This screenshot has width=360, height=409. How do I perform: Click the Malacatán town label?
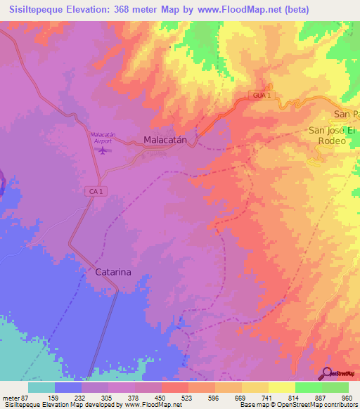point(165,140)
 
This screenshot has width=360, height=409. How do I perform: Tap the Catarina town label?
point(113,271)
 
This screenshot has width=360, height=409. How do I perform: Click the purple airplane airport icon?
point(105,150)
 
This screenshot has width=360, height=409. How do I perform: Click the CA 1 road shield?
point(96,191)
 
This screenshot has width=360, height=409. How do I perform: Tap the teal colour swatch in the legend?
point(41,387)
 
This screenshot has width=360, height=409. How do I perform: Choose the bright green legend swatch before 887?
point(308,387)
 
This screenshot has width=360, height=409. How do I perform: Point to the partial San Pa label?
point(346,114)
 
